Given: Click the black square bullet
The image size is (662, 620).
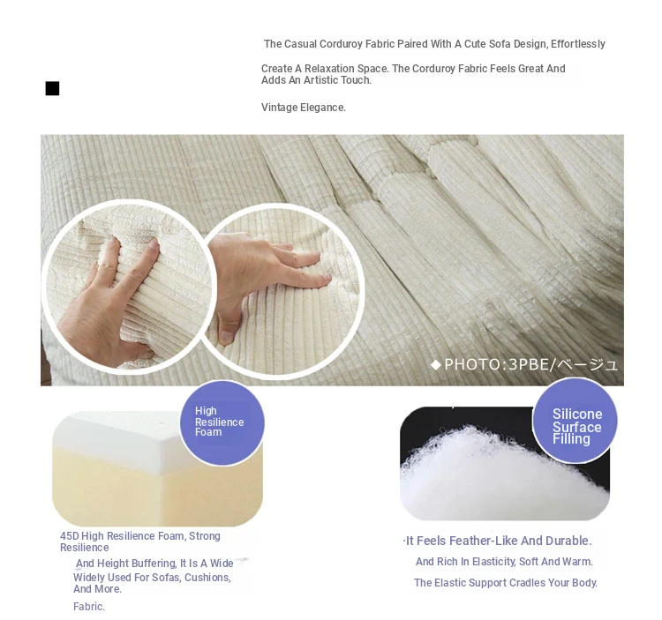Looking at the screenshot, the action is click(x=52, y=88).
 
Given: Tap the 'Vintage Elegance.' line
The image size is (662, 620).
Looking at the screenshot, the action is click(x=303, y=108).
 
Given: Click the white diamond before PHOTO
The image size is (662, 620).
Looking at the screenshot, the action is click(x=436, y=364).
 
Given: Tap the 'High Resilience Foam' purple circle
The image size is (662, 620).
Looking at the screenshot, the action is click(x=222, y=423).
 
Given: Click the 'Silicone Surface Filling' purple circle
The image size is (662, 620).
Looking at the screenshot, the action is click(x=575, y=421).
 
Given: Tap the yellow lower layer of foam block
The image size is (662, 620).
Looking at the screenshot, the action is click(x=156, y=494).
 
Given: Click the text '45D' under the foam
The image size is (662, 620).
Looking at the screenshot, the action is click(x=69, y=536).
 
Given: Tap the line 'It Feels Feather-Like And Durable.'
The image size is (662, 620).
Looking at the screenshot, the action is click(x=498, y=541).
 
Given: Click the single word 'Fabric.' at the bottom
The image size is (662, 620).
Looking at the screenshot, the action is click(x=88, y=607).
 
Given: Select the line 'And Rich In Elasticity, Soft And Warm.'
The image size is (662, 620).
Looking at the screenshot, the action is click(x=504, y=562).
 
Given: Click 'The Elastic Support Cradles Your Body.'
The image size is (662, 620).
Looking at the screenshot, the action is click(x=506, y=583).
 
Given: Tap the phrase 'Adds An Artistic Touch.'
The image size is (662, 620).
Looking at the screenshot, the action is click(x=316, y=80).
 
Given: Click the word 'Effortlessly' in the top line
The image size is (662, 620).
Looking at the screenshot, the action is click(x=577, y=44).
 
